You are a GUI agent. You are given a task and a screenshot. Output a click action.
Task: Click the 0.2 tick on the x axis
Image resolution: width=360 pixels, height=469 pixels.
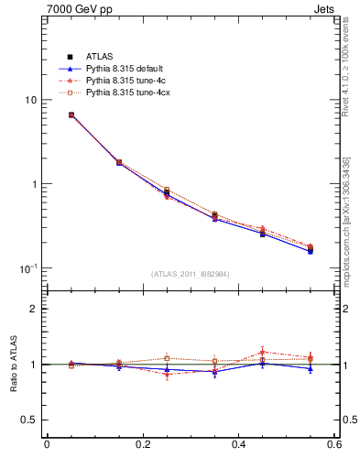pyautogui.click(x=142, y=445)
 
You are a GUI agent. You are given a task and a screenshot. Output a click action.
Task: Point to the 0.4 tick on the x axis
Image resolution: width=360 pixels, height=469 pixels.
pyautogui.click(x=238, y=445)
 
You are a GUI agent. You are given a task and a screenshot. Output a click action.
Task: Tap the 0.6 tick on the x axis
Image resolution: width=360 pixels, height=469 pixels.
pyautogui.click(x=333, y=445)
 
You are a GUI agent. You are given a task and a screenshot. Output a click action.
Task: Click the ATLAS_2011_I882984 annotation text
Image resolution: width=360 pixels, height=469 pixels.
pyautogui.click(x=191, y=274)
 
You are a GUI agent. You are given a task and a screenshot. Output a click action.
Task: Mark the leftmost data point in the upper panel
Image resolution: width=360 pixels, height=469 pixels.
pyautogui.click(x=71, y=115)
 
